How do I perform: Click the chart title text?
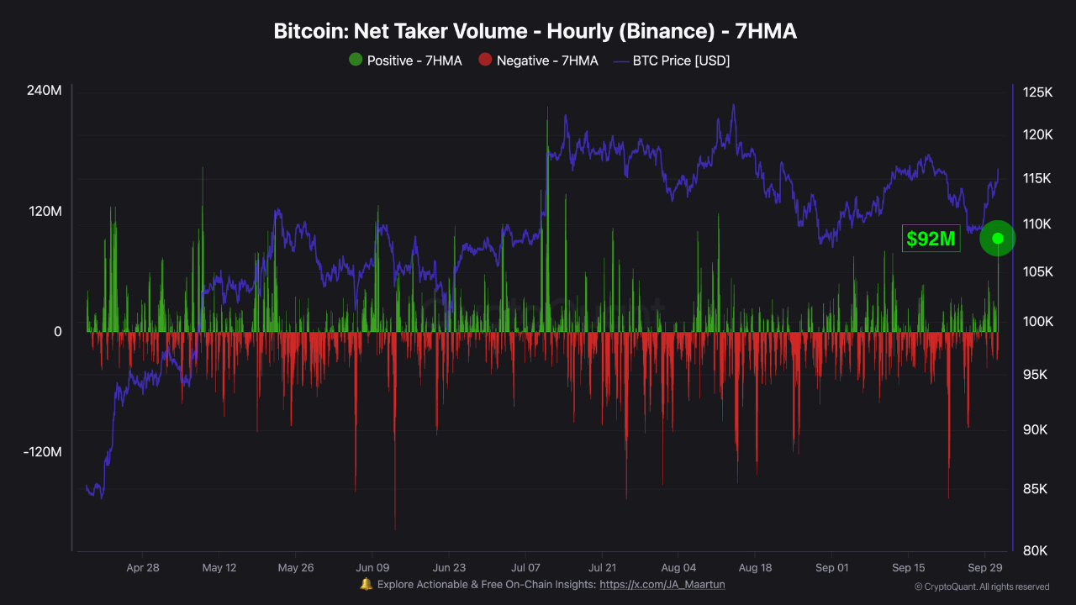coord(535,32)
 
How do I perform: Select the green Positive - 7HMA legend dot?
coord(356,60)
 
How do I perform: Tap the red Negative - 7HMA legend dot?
coord(484,60)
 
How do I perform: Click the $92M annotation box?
coord(931,239)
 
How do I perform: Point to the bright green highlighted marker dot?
coord(998,239)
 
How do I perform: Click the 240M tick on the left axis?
coord(45,91)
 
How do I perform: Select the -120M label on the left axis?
coord(43,452)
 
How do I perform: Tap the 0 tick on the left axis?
coord(57,332)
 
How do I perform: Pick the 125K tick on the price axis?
coord(1037,92)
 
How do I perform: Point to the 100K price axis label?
coord(1036,322)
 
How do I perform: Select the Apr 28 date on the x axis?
coord(142,567)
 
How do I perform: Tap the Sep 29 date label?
coord(984,567)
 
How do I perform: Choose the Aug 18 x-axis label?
coord(754,567)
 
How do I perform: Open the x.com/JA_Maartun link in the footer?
coord(662,584)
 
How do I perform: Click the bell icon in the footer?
coord(366,584)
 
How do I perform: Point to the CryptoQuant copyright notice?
coord(982,587)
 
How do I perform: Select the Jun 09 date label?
coord(372,567)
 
